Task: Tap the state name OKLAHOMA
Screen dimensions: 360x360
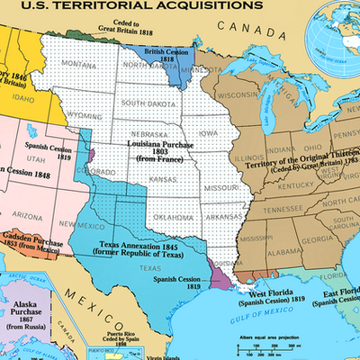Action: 172,215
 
